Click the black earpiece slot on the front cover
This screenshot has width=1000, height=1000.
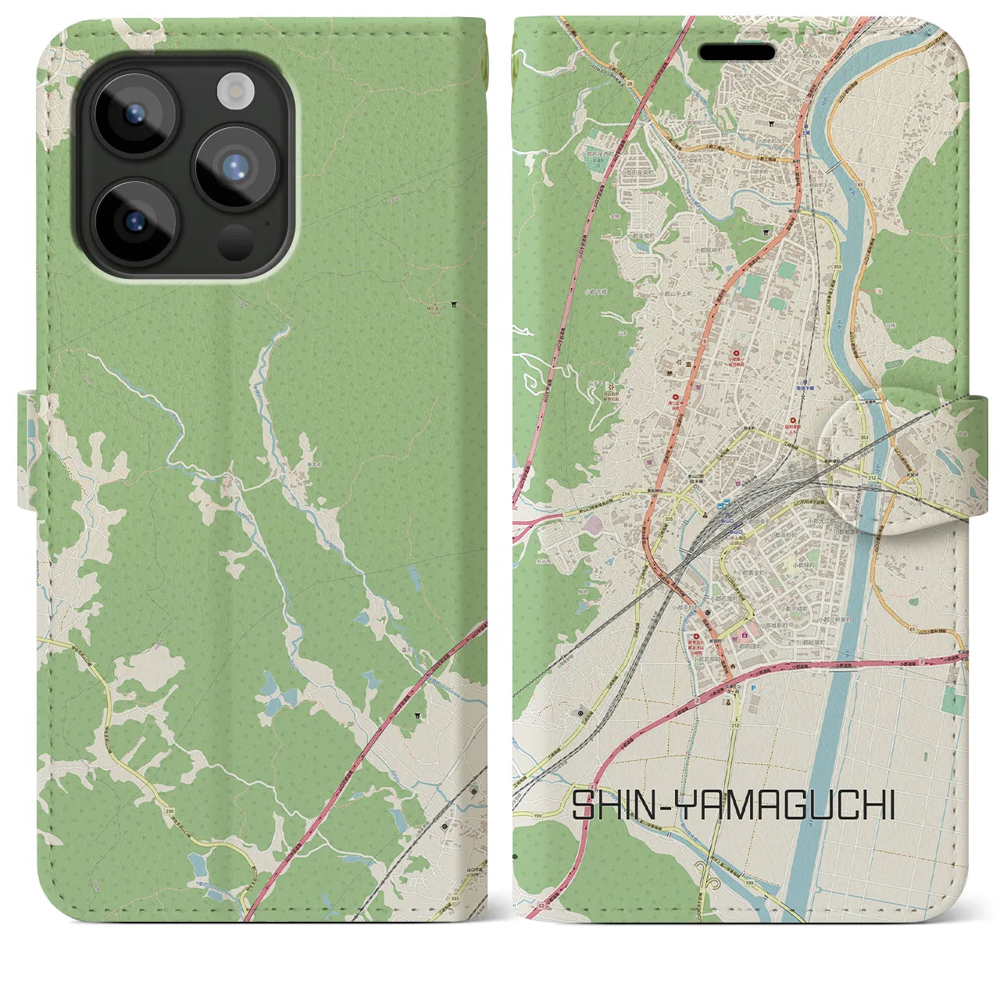click(736, 52)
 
